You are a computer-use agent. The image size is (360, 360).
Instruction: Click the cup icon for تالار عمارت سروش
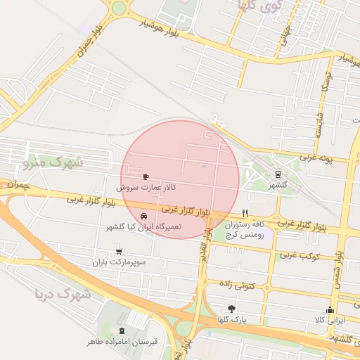[x=146, y=177]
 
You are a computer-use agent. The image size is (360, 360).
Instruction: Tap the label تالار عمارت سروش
[x=146, y=188]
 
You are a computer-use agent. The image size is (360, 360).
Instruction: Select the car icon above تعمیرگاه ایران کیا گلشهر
[x=143, y=216]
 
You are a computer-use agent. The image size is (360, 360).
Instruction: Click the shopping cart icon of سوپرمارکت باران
[x=118, y=250]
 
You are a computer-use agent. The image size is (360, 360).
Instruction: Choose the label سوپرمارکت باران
[x=118, y=262]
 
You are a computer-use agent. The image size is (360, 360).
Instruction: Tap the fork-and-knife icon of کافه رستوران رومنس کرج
[x=245, y=212]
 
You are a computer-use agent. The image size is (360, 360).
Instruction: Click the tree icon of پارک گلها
[x=231, y=309]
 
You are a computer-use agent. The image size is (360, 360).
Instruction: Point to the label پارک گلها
[x=231, y=320]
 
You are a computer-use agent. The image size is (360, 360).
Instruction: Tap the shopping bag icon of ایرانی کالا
[x=329, y=309]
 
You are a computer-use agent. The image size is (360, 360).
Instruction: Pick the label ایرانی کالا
[x=329, y=321]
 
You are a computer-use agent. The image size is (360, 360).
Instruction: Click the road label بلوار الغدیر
[x=201, y=250]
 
